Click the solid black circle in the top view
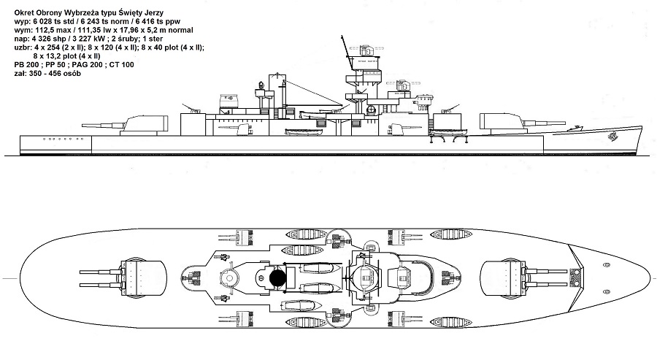(277, 277)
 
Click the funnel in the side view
(277, 95)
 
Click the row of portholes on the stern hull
(58, 137)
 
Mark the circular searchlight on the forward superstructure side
(371, 110)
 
